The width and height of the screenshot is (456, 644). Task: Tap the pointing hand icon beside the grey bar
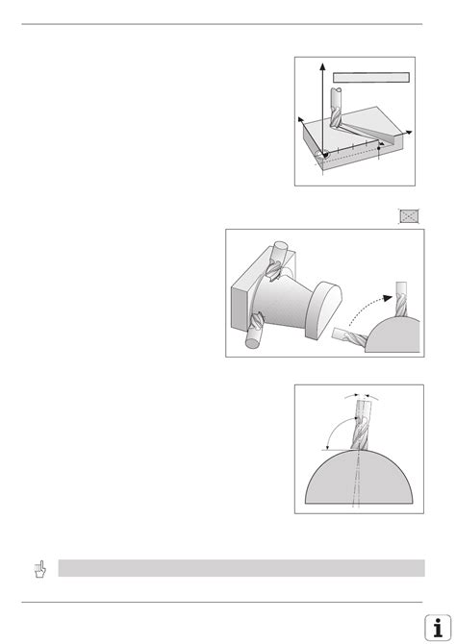click(x=38, y=569)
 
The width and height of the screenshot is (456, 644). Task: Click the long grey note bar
click(x=241, y=568)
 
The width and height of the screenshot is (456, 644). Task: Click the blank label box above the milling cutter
click(x=371, y=77)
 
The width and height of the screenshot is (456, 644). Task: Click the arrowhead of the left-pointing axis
click(x=301, y=118)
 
